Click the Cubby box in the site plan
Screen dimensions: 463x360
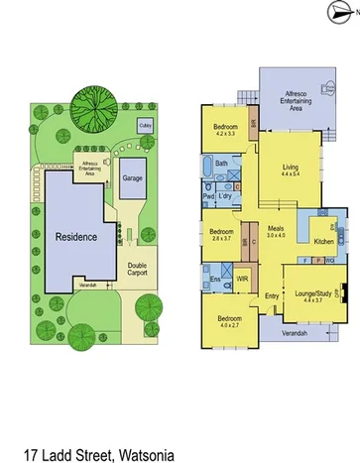[146, 126]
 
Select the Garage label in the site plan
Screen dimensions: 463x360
[131, 177]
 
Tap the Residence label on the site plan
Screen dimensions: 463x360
[75, 237]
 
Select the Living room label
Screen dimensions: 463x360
[290, 168]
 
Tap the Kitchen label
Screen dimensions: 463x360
[324, 241]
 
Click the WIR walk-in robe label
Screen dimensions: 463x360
[241, 281]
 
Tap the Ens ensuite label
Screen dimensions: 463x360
[214, 281]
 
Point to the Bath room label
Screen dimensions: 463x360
[222, 163]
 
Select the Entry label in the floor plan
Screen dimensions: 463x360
[271, 296]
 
